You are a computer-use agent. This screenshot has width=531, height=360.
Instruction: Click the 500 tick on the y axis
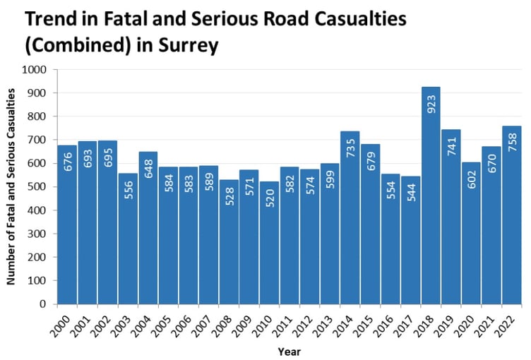coord(37,187)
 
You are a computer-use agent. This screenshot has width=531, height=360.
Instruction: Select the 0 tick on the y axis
coord(42,304)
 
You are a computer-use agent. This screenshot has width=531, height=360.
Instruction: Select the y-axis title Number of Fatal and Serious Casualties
coord(12,187)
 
